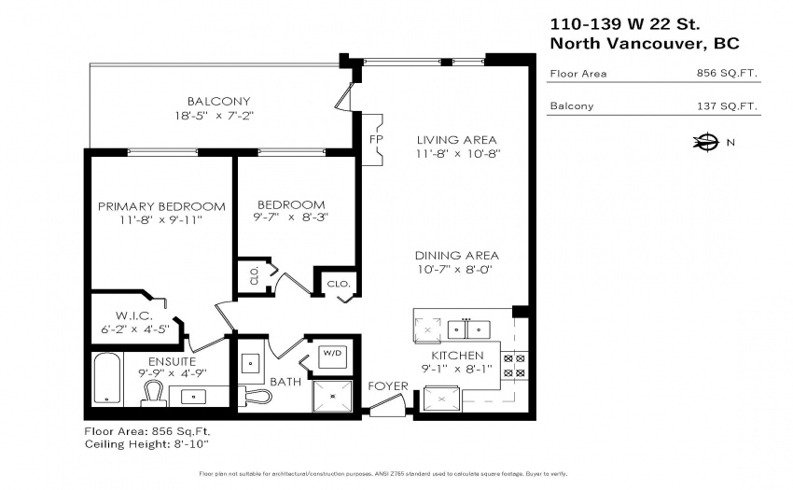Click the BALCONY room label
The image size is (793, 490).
[219, 101]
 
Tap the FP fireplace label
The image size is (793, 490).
[376, 139]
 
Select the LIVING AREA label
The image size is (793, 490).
[457, 140]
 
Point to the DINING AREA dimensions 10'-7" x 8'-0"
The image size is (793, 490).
[454, 270]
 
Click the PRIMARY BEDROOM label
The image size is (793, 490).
[161, 206]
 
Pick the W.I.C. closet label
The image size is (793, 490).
[134, 315]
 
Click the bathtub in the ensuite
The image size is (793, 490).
[107, 379]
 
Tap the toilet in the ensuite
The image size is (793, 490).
[154, 394]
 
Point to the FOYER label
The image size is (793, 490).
[388, 386]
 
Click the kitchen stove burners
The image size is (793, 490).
[514, 366]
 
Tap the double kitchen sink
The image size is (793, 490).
[468, 329]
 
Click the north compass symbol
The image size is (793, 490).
[706, 142]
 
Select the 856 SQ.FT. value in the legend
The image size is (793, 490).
[727, 73]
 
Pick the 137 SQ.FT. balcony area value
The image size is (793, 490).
[727, 105]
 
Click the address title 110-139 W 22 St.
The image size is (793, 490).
[625, 23]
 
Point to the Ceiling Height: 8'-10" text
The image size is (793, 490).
[146, 444]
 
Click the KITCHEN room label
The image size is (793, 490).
[457, 356]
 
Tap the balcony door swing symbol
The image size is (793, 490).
[344, 97]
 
